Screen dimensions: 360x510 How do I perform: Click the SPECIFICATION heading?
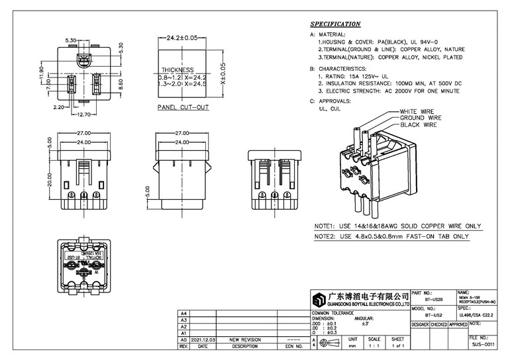pyautogui.click(x=335, y=24)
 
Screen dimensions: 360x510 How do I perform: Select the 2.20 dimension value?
pyautogui.click(x=58, y=107)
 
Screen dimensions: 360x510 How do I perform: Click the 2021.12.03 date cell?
pyautogui.click(x=202, y=339)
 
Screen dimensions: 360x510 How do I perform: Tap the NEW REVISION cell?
pyautogui.click(x=244, y=339)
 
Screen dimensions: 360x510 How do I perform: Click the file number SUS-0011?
pyautogui.click(x=483, y=345)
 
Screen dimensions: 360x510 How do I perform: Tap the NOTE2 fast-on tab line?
pyautogui.click(x=396, y=236)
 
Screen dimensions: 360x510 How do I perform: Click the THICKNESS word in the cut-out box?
pyautogui.click(x=178, y=70)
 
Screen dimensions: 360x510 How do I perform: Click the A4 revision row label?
pyautogui.click(x=184, y=313)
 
